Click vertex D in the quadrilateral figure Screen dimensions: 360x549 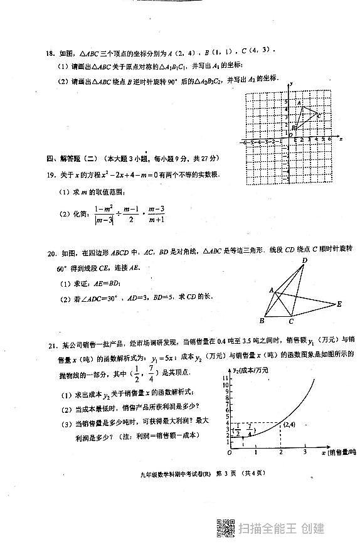[x=304, y=261]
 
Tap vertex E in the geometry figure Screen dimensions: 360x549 [x=339, y=304]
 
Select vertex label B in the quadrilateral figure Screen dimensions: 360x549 [x=261, y=321]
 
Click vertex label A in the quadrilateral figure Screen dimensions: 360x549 [x=271, y=290]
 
